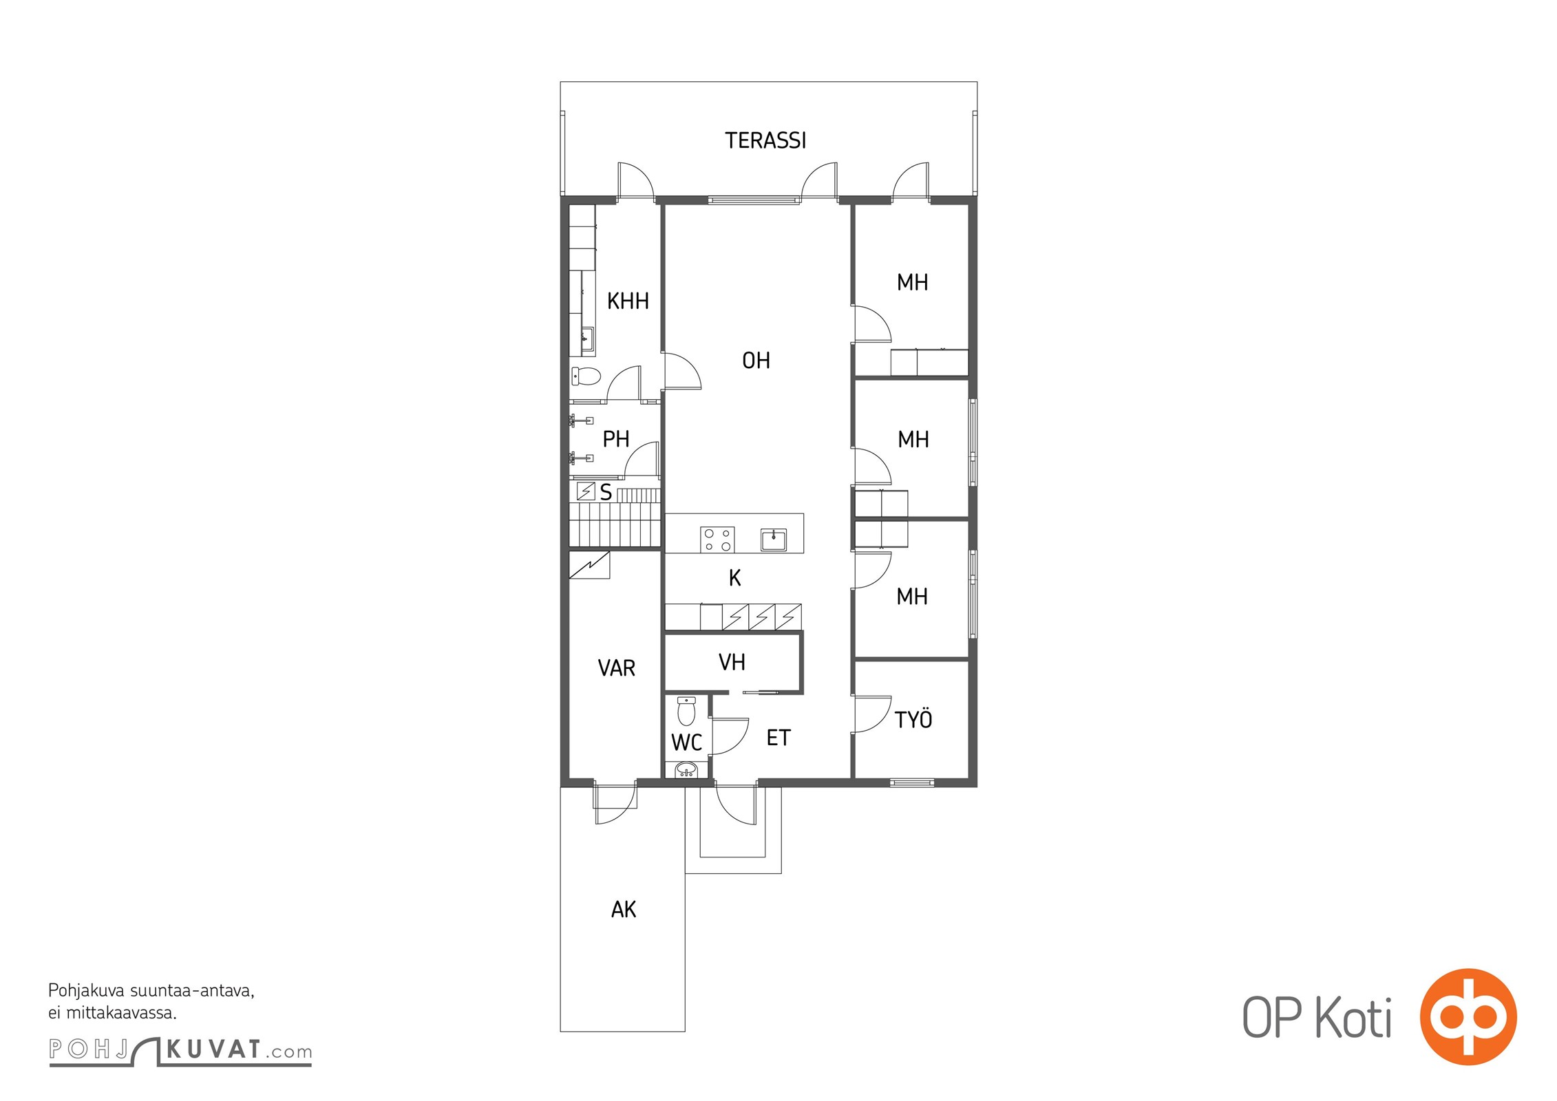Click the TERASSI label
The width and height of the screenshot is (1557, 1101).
point(765,140)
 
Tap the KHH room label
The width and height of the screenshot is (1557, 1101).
point(628,301)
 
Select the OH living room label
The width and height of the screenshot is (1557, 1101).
point(756,360)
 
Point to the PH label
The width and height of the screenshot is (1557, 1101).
point(616,439)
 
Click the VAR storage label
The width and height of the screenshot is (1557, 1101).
point(616,668)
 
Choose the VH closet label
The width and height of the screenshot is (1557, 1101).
point(732,662)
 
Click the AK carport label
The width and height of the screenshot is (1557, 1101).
point(624,910)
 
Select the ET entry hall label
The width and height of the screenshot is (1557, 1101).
point(778,738)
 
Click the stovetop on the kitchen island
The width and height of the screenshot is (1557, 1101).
point(717,539)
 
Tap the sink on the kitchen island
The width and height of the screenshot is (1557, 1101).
point(774,539)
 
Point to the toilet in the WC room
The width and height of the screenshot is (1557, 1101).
point(686,711)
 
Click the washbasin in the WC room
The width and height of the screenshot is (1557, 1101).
point(685,769)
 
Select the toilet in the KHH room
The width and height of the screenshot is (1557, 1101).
point(586,376)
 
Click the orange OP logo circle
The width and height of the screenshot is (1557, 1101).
point(1468,1016)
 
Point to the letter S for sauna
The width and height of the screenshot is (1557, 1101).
point(606,492)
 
